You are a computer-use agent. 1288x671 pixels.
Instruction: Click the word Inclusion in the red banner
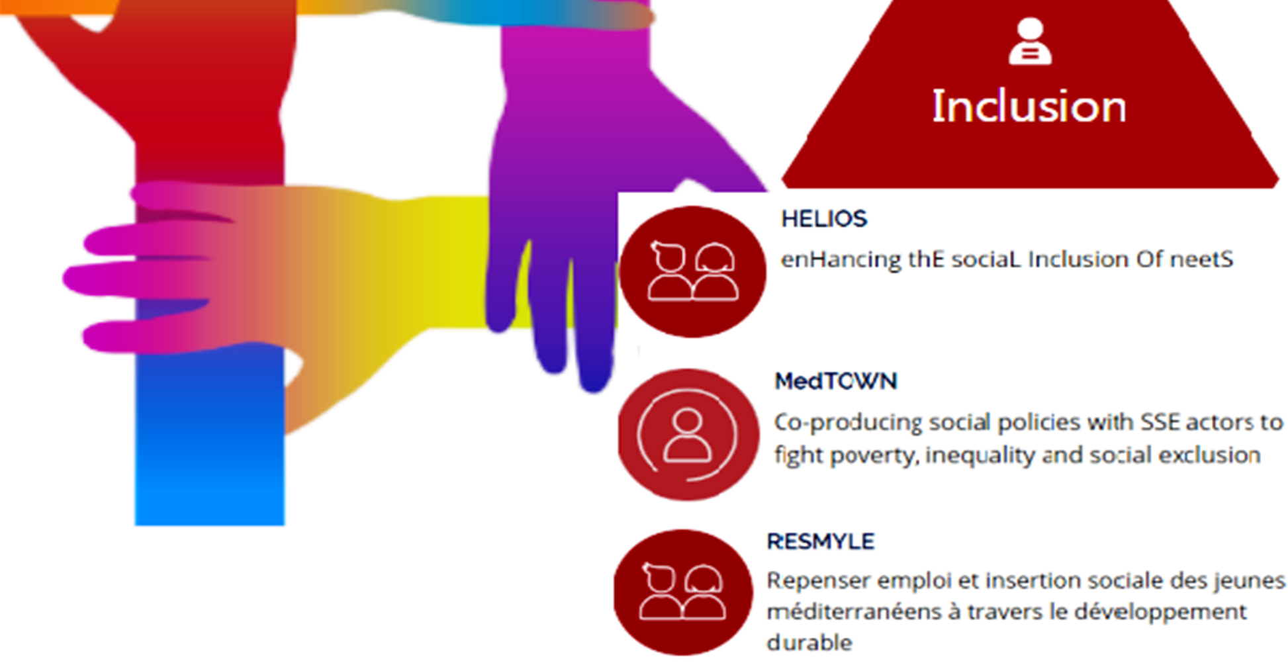pos(1029,106)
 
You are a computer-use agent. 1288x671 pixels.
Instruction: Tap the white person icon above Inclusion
pos(1030,42)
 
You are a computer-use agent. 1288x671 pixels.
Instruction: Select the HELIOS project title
pos(824,219)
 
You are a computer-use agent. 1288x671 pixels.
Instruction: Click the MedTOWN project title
pos(836,381)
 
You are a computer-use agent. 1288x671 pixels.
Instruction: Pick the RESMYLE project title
pos(821,541)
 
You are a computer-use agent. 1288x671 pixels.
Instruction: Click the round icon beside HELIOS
pos(693,271)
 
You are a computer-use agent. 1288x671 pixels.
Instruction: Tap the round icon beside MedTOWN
pos(688,435)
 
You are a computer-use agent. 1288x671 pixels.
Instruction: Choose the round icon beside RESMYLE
pos(683,592)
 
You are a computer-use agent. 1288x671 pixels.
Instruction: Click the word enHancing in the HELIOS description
pos(841,259)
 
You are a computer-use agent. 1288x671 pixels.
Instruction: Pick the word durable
pos(809,642)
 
